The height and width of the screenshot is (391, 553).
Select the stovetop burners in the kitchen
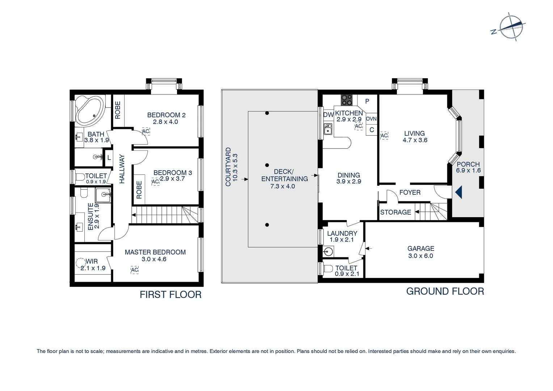346,100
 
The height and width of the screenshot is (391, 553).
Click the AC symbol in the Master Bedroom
135,270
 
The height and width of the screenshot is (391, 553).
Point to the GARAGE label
421,248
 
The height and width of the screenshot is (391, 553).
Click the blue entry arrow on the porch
459,192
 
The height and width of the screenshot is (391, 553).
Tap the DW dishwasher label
328,115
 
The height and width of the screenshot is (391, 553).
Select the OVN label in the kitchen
371,119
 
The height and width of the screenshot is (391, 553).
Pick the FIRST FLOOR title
170,295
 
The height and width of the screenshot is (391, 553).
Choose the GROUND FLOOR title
445,291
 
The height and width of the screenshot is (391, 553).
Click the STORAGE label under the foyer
396,213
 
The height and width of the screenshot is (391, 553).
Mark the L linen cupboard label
109,158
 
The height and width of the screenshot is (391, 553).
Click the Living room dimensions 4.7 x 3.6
415,140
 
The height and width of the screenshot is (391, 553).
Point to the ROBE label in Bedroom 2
118,110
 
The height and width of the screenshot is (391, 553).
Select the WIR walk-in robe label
92,261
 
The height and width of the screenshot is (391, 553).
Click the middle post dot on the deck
267,165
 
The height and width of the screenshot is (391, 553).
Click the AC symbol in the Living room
384,136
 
